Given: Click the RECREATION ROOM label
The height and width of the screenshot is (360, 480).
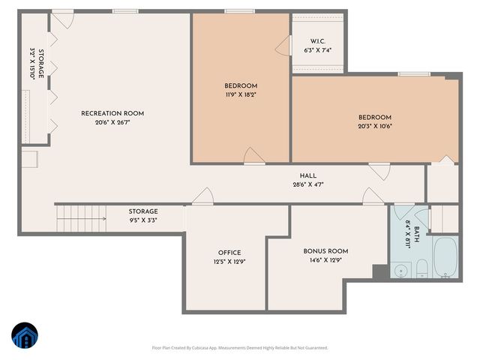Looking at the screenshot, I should (112, 113).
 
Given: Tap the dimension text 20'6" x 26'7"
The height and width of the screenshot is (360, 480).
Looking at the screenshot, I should (112, 123).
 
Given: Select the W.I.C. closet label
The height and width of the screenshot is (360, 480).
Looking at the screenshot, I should (317, 41).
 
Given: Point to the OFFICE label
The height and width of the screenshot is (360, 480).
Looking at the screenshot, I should (229, 253).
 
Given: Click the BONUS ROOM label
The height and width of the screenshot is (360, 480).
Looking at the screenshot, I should (325, 251).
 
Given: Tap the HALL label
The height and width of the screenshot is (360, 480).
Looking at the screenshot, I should (307, 175).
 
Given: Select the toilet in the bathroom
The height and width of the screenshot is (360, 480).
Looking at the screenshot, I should (422, 268).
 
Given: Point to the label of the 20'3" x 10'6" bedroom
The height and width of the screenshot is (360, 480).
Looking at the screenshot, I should (375, 117).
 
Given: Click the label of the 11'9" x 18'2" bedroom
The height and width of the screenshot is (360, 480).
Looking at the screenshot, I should (241, 85).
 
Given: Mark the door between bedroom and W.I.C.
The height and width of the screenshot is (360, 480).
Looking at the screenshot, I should (283, 47).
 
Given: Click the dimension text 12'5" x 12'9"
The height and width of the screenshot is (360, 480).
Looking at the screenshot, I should (229, 262).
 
